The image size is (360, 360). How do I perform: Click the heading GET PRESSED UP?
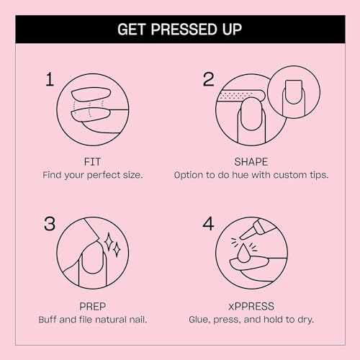180,30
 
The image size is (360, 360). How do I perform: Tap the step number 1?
50,79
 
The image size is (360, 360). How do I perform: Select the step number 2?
208,79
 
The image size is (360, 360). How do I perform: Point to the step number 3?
50,224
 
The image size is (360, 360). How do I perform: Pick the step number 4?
208,224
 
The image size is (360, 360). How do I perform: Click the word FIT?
92,161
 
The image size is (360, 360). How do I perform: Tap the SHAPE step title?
251,161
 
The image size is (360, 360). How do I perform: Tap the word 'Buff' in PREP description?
50,318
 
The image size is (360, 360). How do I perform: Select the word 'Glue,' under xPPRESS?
202,318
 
